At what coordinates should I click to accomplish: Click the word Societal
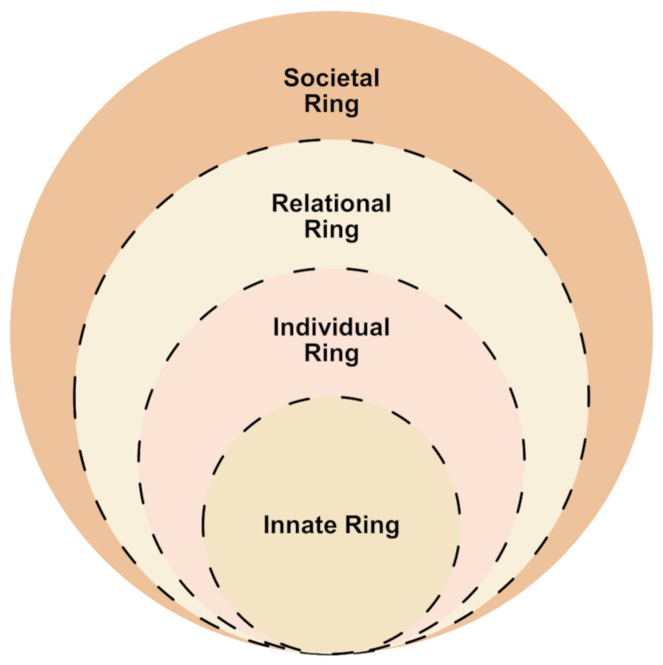tap(331, 78)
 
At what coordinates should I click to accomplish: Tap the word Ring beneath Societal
tap(331, 105)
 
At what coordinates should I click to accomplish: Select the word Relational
tap(331, 204)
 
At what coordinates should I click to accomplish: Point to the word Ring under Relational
tap(331, 231)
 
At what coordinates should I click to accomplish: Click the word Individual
tap(331, 328)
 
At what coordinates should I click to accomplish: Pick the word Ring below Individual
tap(331, 353)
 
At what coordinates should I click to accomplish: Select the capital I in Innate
tap(266, 525)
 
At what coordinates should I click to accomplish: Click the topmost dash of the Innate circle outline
tap(331, 397)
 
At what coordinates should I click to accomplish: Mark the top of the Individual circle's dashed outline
tap(331, 268)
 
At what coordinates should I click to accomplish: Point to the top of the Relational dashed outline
tap(331, 140)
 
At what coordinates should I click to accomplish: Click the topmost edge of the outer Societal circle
tap(331, 12)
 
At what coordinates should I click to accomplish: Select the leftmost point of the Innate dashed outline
tap(203, 525)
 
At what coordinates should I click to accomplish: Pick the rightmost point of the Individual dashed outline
tap(525, 461)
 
